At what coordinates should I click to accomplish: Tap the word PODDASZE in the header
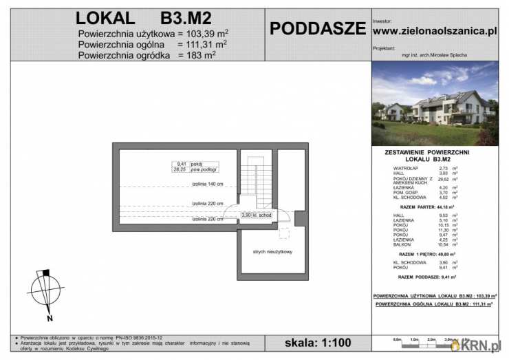tap(317, 28)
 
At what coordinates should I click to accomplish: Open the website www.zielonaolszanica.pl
tap(434, 30)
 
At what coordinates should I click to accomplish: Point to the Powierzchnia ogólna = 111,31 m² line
tap(152, 43)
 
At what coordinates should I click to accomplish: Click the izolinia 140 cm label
tap(208, 184)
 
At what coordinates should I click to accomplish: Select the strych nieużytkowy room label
tap(272, 252)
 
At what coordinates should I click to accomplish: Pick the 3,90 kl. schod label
tap(255, 215)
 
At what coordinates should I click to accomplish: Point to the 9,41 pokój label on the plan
tap(189, 163)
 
